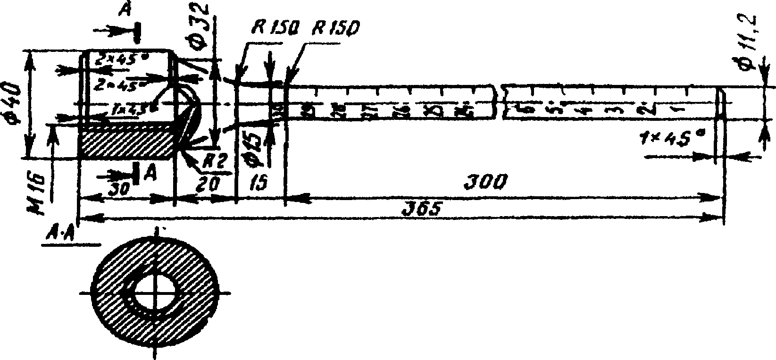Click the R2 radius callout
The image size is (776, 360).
(214, 162)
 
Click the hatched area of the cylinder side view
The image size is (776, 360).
(127, 144)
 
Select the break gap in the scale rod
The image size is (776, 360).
(500, 101)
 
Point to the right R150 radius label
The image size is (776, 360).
(335, 29)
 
